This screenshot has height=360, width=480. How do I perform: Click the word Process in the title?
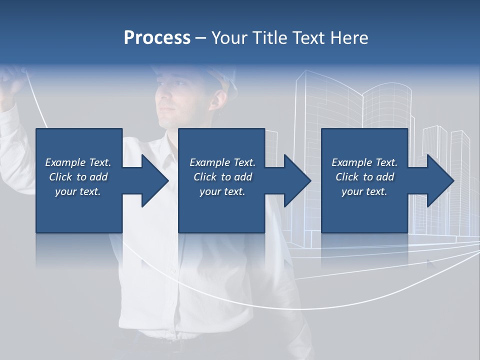coord(157,38)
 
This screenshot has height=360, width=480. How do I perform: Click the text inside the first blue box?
coord(78,177)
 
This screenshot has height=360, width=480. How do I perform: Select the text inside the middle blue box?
coord(222,177)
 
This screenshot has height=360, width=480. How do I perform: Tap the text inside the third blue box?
coord(364,177)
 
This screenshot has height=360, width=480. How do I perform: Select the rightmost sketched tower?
coord(460,150)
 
